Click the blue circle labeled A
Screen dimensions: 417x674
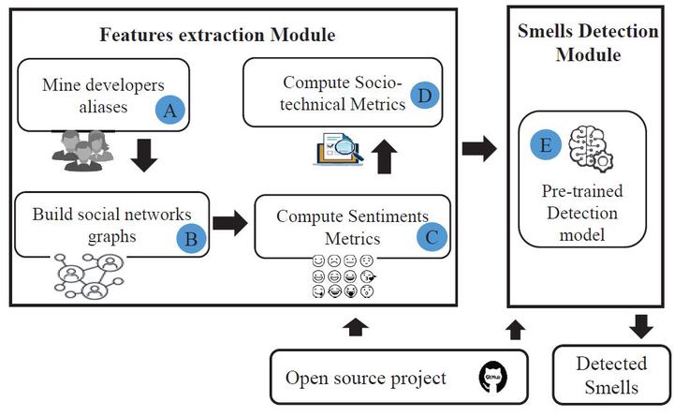tap(169, 111)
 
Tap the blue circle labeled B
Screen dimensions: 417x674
tap(190, 238)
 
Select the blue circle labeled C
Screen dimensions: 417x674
tap(430, 236)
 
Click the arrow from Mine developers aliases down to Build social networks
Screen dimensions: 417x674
tap(143, 157)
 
